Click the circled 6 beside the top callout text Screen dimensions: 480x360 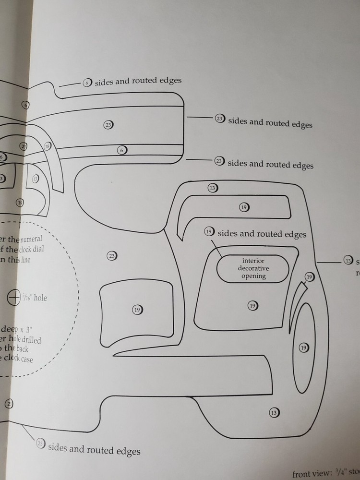(x=87, y=83)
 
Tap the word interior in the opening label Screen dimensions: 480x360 (x=253, y=261)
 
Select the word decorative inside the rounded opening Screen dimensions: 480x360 (x=253, y=268)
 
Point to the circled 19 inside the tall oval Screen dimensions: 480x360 (x=303, y=348)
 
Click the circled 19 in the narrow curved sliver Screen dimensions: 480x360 (x=310, y=277)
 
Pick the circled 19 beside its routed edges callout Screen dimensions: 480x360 (x=209, y=231)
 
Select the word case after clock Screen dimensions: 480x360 (x=27, y=359)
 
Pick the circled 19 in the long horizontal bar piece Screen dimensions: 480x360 (x=244, y=207)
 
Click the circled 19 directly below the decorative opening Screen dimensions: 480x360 (x=252, y=305)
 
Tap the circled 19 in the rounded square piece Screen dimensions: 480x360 (x=137, y=310)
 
